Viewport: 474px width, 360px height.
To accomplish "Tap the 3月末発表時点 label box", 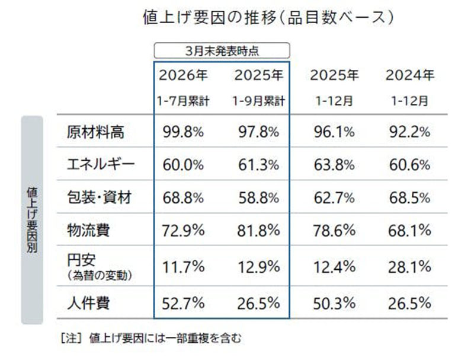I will (x=222, y=51).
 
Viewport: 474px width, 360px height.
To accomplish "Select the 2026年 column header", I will (x=183, y=76).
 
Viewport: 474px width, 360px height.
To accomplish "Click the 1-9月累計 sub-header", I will (x=259, y=101).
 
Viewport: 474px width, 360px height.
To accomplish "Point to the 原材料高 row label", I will (x=95, y=132).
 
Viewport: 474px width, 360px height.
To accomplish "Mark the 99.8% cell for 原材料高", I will (x=182, y=132).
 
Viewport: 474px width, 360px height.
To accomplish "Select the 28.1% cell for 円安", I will (x=409, y=267).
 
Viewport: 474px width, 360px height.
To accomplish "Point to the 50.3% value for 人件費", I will (x=334, y=304).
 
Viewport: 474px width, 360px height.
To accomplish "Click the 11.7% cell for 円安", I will (x=182, y=267).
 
